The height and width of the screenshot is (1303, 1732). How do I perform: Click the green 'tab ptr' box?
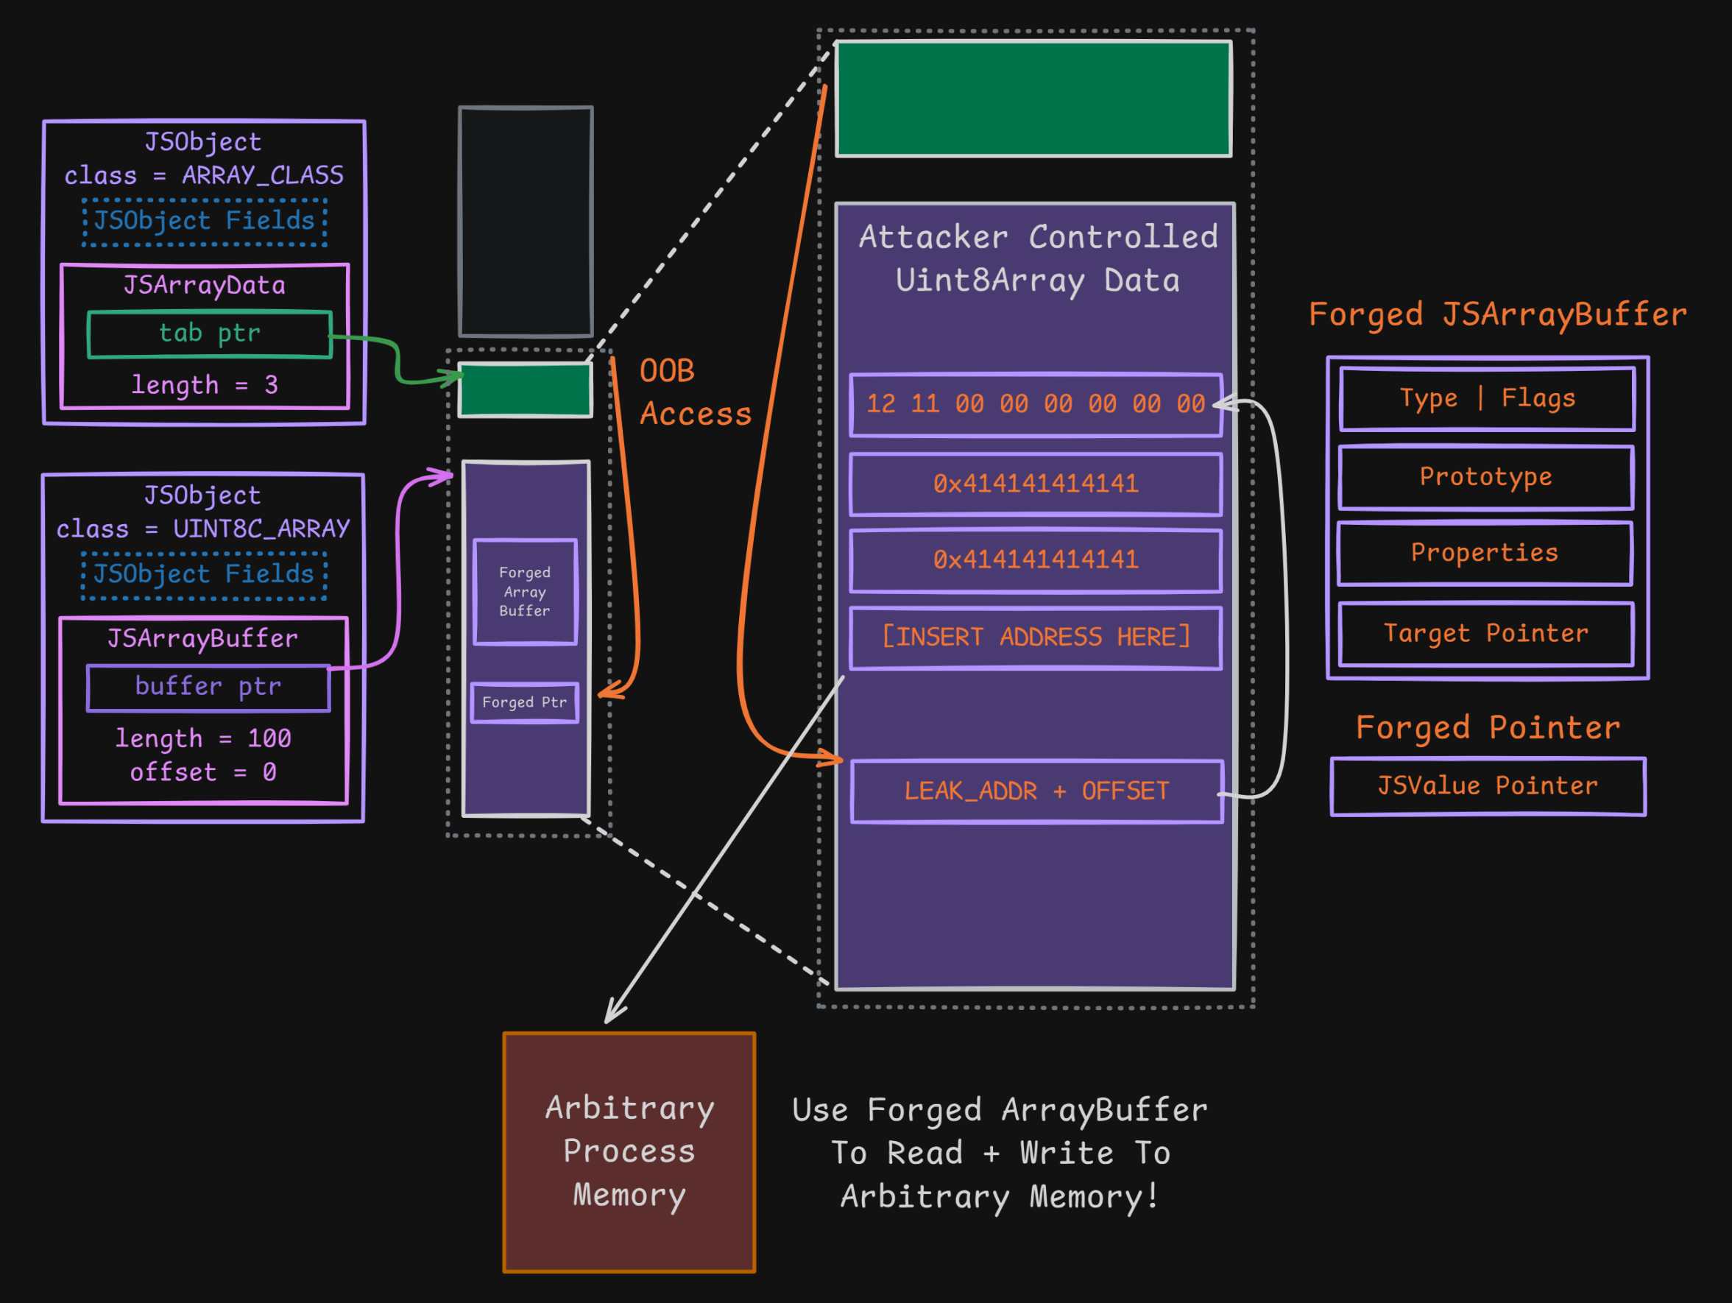210,334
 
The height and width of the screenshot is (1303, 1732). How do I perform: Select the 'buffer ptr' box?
208,688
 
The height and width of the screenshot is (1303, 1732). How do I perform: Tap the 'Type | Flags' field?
1487,398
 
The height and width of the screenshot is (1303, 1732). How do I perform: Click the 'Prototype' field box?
1485,477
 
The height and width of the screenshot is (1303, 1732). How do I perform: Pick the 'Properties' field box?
1485,553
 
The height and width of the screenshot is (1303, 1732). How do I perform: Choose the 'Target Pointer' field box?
1485,634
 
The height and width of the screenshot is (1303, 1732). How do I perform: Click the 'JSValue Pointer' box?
1488,786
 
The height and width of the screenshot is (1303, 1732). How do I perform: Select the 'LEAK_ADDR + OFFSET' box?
1036,791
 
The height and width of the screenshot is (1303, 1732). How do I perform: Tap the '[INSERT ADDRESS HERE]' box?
1035,638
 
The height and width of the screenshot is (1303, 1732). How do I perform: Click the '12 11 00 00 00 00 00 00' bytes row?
1035,404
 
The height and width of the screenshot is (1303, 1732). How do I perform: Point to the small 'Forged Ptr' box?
525,702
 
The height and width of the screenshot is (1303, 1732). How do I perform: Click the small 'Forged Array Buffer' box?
525,592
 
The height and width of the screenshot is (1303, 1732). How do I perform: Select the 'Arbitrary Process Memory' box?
629,1152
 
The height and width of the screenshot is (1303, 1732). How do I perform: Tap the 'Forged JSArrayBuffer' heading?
1497,315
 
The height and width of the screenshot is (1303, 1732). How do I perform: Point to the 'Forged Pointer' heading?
1488,728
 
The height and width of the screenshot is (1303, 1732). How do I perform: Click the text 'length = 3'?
205,385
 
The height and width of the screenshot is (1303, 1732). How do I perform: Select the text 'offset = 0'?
203,773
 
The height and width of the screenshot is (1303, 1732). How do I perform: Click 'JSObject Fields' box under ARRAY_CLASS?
205,222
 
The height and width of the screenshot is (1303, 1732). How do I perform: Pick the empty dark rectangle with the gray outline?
526,222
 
